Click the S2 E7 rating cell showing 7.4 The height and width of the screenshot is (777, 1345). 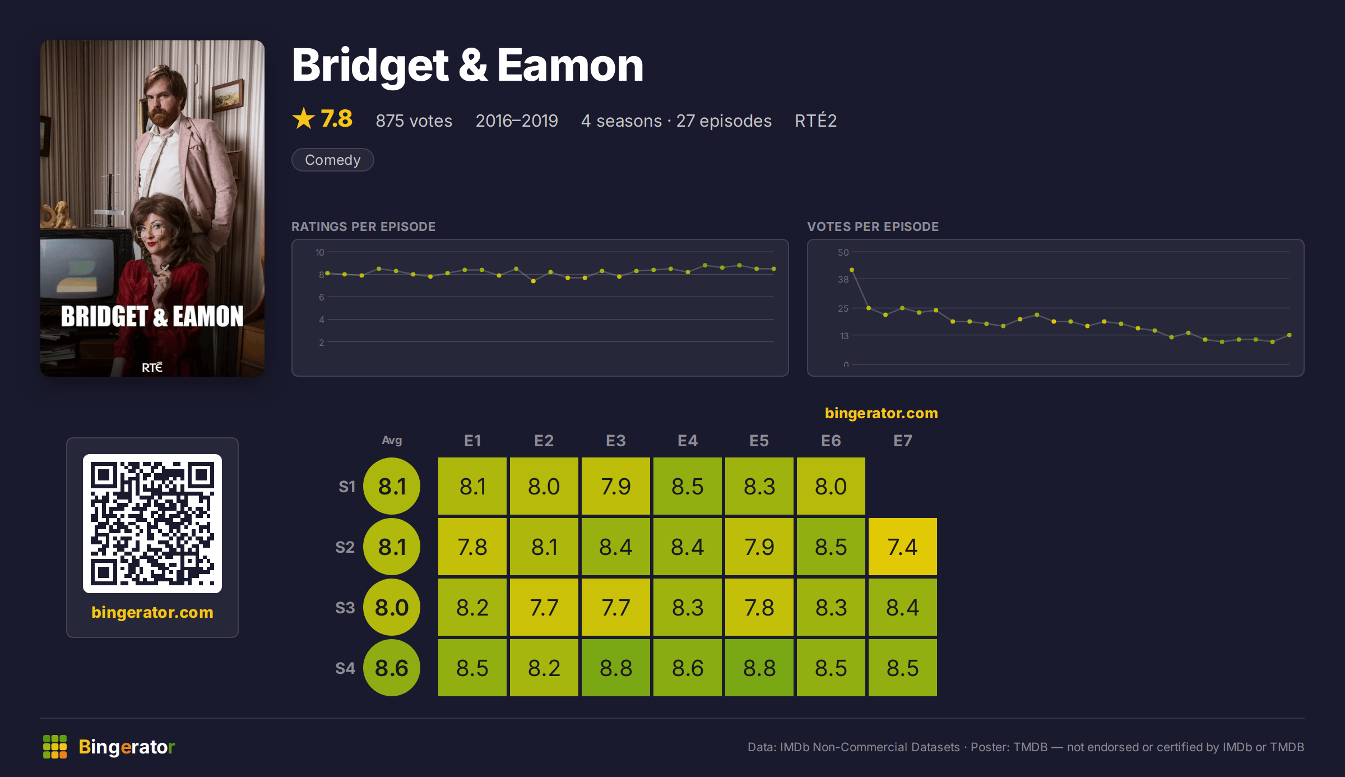(902, 547)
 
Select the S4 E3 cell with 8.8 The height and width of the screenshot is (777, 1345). (615, 668)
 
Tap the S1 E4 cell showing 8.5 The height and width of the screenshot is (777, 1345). (687, 486)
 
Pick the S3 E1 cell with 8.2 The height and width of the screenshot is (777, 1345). (472, 607)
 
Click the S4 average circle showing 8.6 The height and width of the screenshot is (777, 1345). (392, 668)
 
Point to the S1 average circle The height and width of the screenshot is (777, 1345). (392, 486)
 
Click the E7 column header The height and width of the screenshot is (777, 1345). (902, 441)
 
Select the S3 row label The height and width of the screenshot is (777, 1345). (345, 608)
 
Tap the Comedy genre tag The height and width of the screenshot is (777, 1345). (332, 160)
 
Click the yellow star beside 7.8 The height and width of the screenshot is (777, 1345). (304, 118)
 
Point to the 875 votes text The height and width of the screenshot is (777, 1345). (414, 121)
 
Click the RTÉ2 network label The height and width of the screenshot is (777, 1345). (815, 120)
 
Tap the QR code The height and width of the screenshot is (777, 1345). (152, 524)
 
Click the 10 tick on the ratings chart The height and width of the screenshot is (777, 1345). (319, 252)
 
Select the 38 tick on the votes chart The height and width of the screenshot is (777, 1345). (843, 279)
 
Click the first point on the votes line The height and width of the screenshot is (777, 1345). (852, 270)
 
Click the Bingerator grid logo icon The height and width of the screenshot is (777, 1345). (55, 747)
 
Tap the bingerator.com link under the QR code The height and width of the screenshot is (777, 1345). (152, 612)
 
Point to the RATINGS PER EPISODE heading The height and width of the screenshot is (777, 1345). (363, 226)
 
